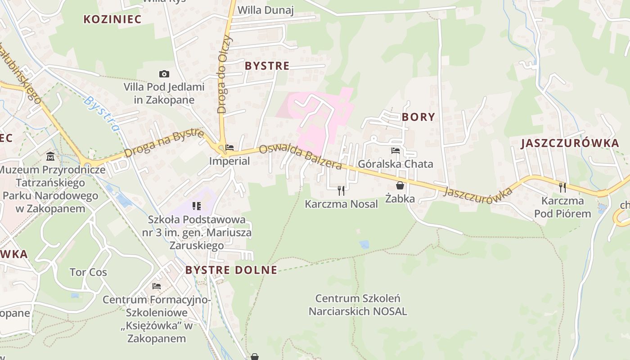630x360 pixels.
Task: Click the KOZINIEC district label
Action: click(x=112, y=19)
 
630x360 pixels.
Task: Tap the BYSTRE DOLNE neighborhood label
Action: click(x=231, y=270)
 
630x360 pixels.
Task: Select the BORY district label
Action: click(x=418, y=117)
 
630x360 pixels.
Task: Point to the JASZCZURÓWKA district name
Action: click(x=570, y=144)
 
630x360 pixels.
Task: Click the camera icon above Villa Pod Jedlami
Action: click(x=164, y=74)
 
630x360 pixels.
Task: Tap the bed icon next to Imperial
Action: click(x=229, y=148)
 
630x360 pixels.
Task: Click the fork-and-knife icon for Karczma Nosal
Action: click(x=341, y=190)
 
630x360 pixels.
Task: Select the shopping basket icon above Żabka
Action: click(x=400, y=185)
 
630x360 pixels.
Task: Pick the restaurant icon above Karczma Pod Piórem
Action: click(x=562, y=187)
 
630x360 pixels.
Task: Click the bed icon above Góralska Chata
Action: click(x=396, y=151)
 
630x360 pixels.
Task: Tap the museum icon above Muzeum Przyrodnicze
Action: click(x=50, y=157)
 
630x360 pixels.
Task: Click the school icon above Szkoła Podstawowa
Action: click(x=197, y=206)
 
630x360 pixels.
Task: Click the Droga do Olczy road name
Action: click(x=225, y=74)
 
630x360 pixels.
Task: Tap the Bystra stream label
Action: click(x=103, y=113)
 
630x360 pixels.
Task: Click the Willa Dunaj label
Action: click(x=265, y=10)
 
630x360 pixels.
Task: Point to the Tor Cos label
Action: click(x=88, y=272)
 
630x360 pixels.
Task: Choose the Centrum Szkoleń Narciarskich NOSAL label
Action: click(x=358, y=305)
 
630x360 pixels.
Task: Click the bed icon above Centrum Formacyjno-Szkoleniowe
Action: click(x=157, y=286)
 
